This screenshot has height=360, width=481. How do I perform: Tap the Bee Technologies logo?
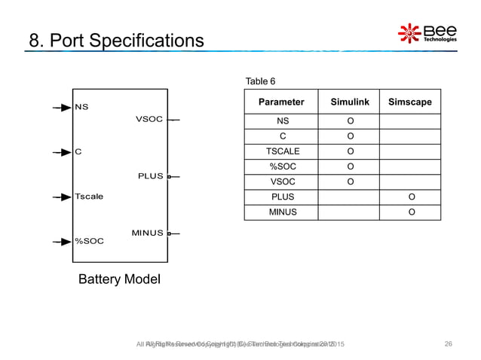427,32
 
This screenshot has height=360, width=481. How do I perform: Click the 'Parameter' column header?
281,102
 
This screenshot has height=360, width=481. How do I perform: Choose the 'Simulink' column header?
351,102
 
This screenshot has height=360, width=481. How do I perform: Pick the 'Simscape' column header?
410,102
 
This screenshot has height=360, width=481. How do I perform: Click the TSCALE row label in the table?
282,151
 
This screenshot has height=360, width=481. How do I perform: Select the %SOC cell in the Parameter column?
282,166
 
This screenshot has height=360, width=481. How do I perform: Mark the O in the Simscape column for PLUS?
411,197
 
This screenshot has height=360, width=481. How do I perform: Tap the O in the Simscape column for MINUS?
411,212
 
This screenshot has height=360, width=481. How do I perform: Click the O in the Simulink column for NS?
351,121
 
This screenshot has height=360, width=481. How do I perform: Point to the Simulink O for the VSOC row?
351,182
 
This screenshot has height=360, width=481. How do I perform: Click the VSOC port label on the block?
149,119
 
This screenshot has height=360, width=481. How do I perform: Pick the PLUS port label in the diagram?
151,176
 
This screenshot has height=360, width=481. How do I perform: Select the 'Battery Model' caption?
120,280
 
